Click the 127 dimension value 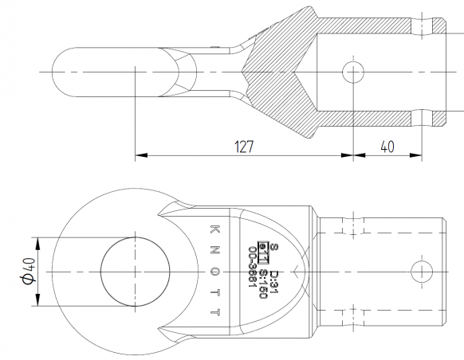tap(244, 147)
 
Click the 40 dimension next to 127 tap(386, 147)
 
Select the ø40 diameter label tap(29, 270)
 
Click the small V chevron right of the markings tap(299, 271)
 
